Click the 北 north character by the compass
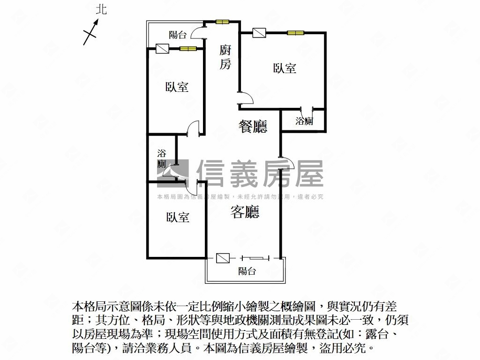pos(101,9)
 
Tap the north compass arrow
pos(91,32)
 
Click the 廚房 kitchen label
pos(225,57)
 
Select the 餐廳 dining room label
pos(253,127)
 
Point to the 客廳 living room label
pos(245,212)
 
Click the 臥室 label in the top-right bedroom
pos(285,68)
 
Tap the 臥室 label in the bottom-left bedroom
pos(178,217)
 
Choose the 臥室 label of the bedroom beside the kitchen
pos(177,87)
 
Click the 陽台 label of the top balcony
pos(178,35)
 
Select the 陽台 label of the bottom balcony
pos(247,271)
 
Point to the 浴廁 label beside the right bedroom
pos(304,121)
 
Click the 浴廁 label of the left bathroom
pos(162,158)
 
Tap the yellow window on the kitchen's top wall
pos(222,22)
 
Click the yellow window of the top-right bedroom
pos(296,33)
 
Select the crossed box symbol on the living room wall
pos(223,258)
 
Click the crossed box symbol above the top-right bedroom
pos(259,33)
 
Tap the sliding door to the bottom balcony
pos(255,258)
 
